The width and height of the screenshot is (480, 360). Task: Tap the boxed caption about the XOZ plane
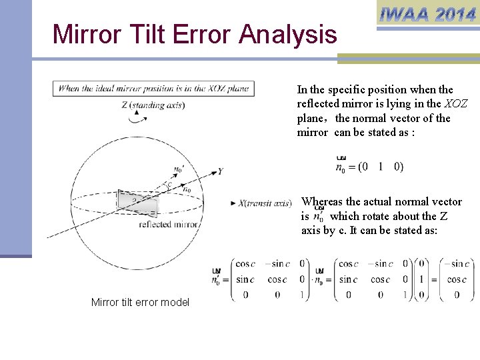point(153,88)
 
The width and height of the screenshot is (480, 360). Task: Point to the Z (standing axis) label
point(153,105)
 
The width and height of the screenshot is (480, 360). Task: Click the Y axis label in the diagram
point(219,171)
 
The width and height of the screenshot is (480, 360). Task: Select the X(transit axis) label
point(265,203)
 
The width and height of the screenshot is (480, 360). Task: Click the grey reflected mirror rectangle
point(137,200)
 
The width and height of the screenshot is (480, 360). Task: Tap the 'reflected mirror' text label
point(169,225)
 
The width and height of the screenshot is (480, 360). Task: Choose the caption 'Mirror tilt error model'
point(140,303)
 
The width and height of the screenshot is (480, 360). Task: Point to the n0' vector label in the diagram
point(178,169)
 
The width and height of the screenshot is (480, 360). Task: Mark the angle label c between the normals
point(171,184)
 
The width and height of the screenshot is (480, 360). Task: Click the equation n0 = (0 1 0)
point(369,166)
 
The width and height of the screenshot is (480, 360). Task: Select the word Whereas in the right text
point(325,201)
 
